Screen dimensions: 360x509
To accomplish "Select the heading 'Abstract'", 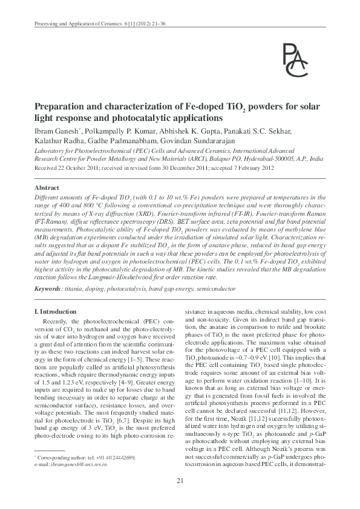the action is [47, 188].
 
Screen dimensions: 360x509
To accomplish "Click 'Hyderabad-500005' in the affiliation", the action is [254, 161].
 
